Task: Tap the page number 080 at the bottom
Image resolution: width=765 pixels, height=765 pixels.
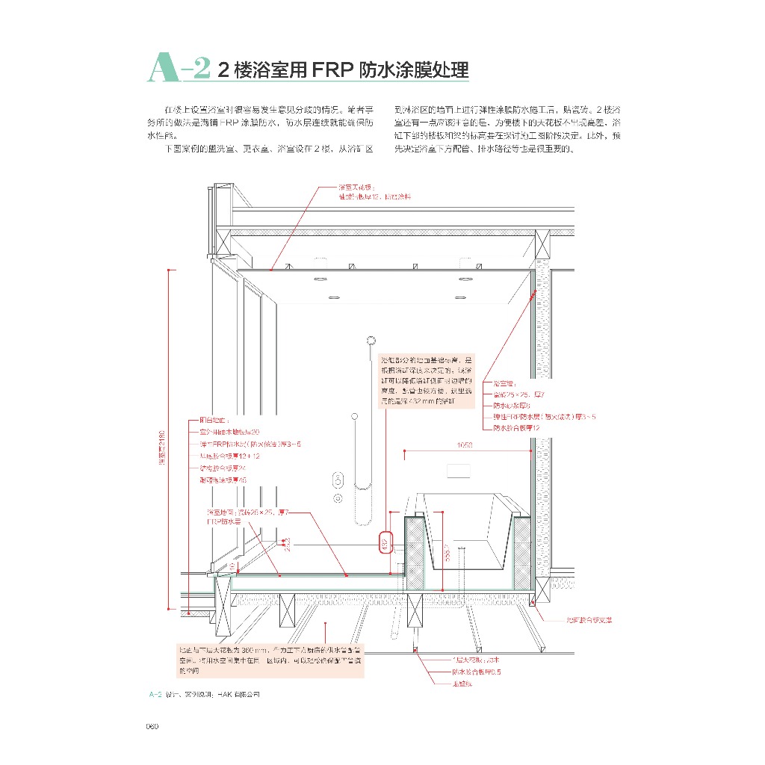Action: click(x=155, y=725)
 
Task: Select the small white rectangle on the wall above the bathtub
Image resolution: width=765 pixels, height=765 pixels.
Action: click(x=458, y=471)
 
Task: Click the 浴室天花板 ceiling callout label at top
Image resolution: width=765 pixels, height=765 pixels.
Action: click(x=356, y=187)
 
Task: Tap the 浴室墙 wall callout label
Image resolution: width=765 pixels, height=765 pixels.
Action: click(x=504, y=382)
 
